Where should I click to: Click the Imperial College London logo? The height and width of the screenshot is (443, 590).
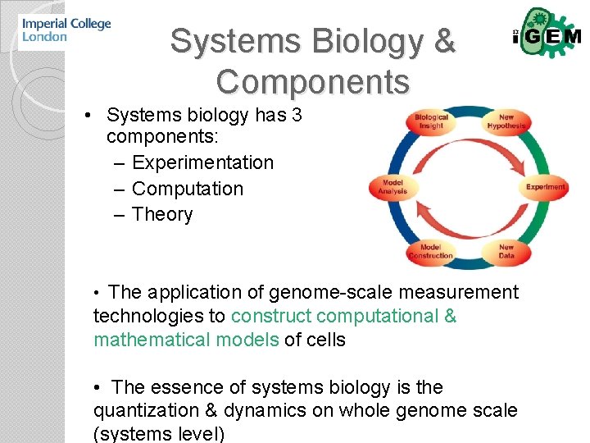tap(66, 30)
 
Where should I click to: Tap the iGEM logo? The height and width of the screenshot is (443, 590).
tap(546, 35)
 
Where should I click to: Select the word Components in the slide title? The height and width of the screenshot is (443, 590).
tap(312, 82)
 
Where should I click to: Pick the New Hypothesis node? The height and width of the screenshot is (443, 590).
tap(506, 121)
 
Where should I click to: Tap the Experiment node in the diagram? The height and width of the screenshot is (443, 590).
tap(545, 186)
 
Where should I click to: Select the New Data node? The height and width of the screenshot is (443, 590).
tap(506, 251)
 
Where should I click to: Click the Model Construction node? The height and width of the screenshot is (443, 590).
tap(430, 251)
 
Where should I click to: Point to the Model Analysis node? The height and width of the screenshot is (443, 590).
tap(392, 186)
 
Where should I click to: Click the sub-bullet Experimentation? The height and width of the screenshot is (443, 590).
tap(202, 162)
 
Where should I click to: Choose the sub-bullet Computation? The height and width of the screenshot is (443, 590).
tap(188, 189)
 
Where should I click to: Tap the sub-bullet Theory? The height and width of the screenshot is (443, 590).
tap(162, 215)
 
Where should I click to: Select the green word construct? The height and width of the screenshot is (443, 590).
tap(270, 316)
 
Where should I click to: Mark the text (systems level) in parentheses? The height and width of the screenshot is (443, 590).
tap(159, 433)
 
